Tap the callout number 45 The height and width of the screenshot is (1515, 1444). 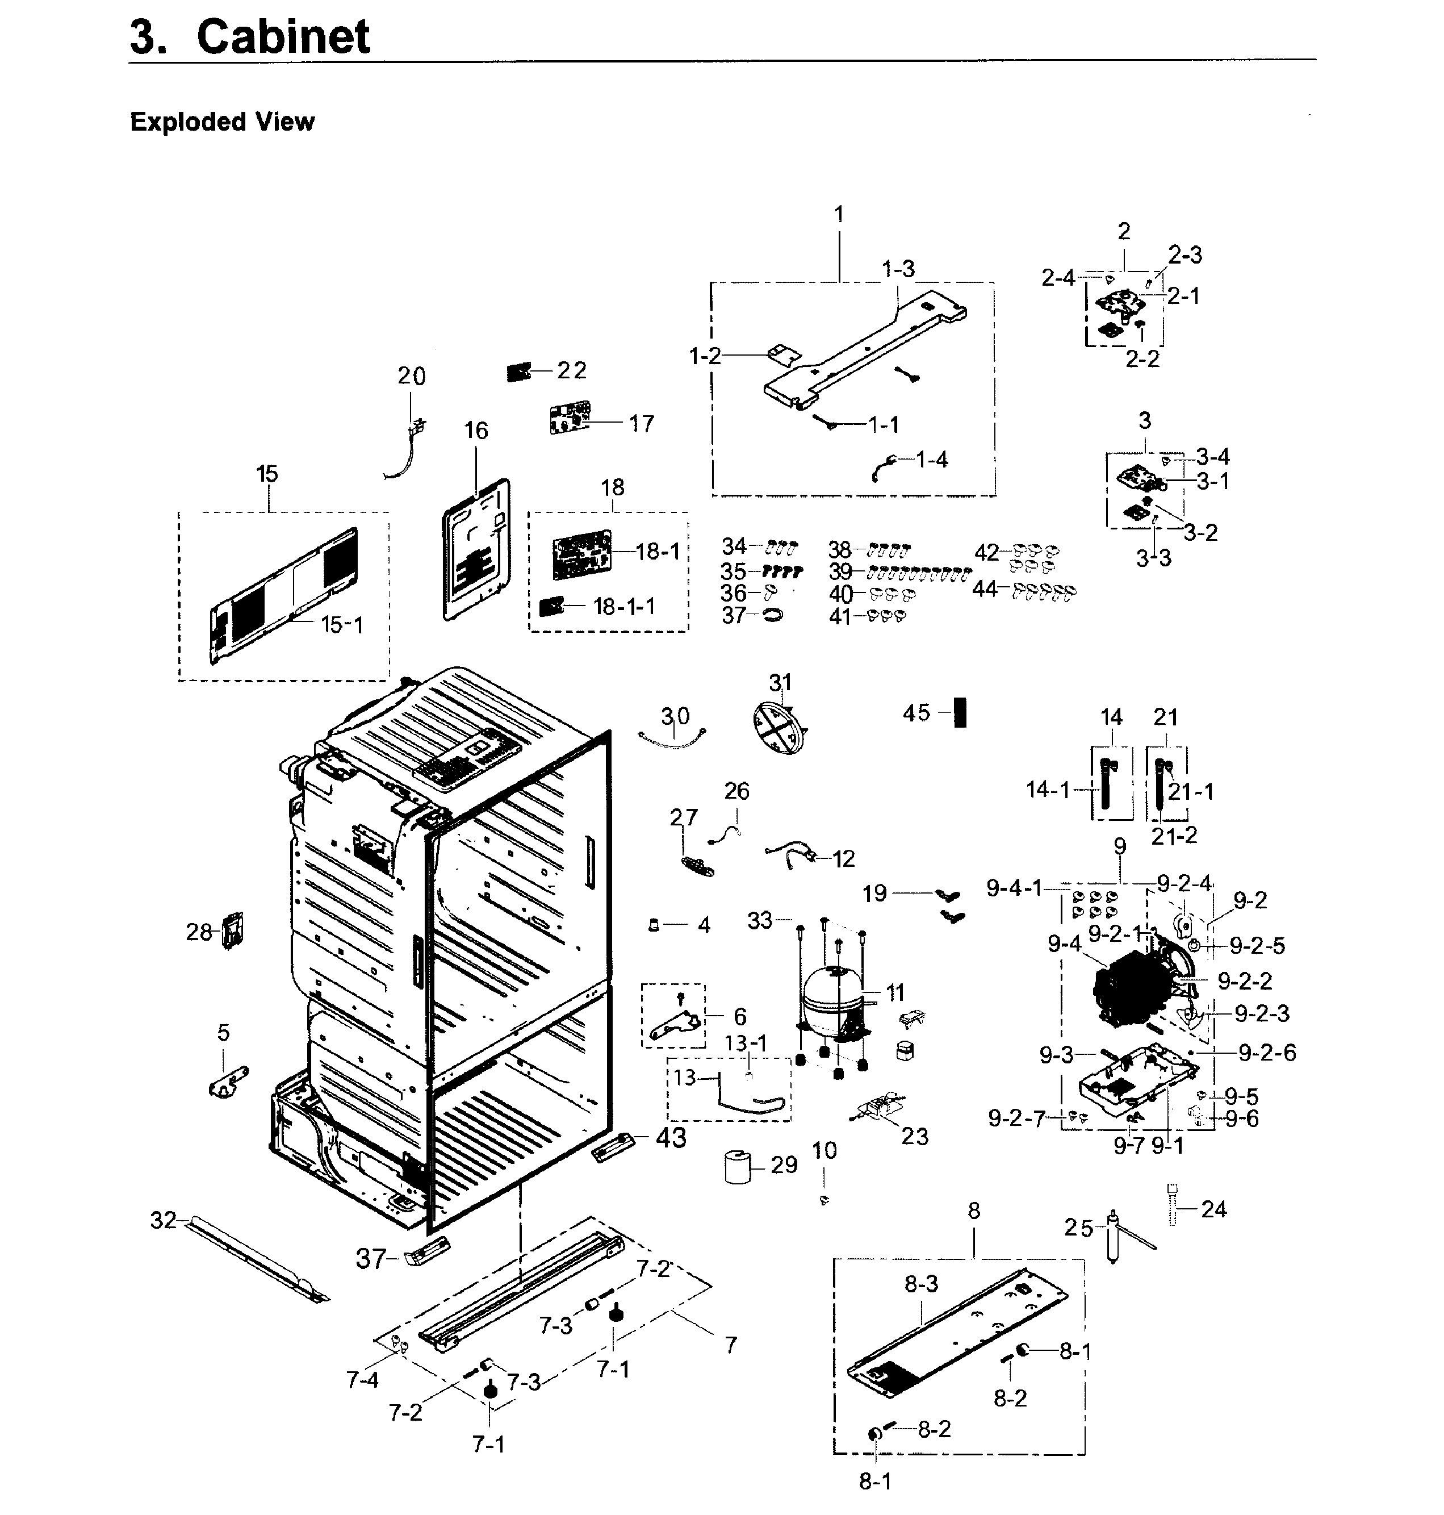(x=916, y=713)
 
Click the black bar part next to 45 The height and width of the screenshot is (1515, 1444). (x=960, y=712)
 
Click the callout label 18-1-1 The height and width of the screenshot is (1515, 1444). (x=623, y=607)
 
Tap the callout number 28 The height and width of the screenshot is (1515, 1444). (x=199, y=932)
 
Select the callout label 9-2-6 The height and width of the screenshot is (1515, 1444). (x=1267, y=1053)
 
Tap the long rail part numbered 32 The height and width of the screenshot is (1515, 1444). (x=254, y=1259)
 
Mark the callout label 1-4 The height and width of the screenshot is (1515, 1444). (x=931, y=460)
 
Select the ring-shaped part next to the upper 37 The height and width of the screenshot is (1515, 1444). (x=772, y=615)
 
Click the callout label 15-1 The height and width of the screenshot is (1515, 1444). (x=342, y=624)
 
